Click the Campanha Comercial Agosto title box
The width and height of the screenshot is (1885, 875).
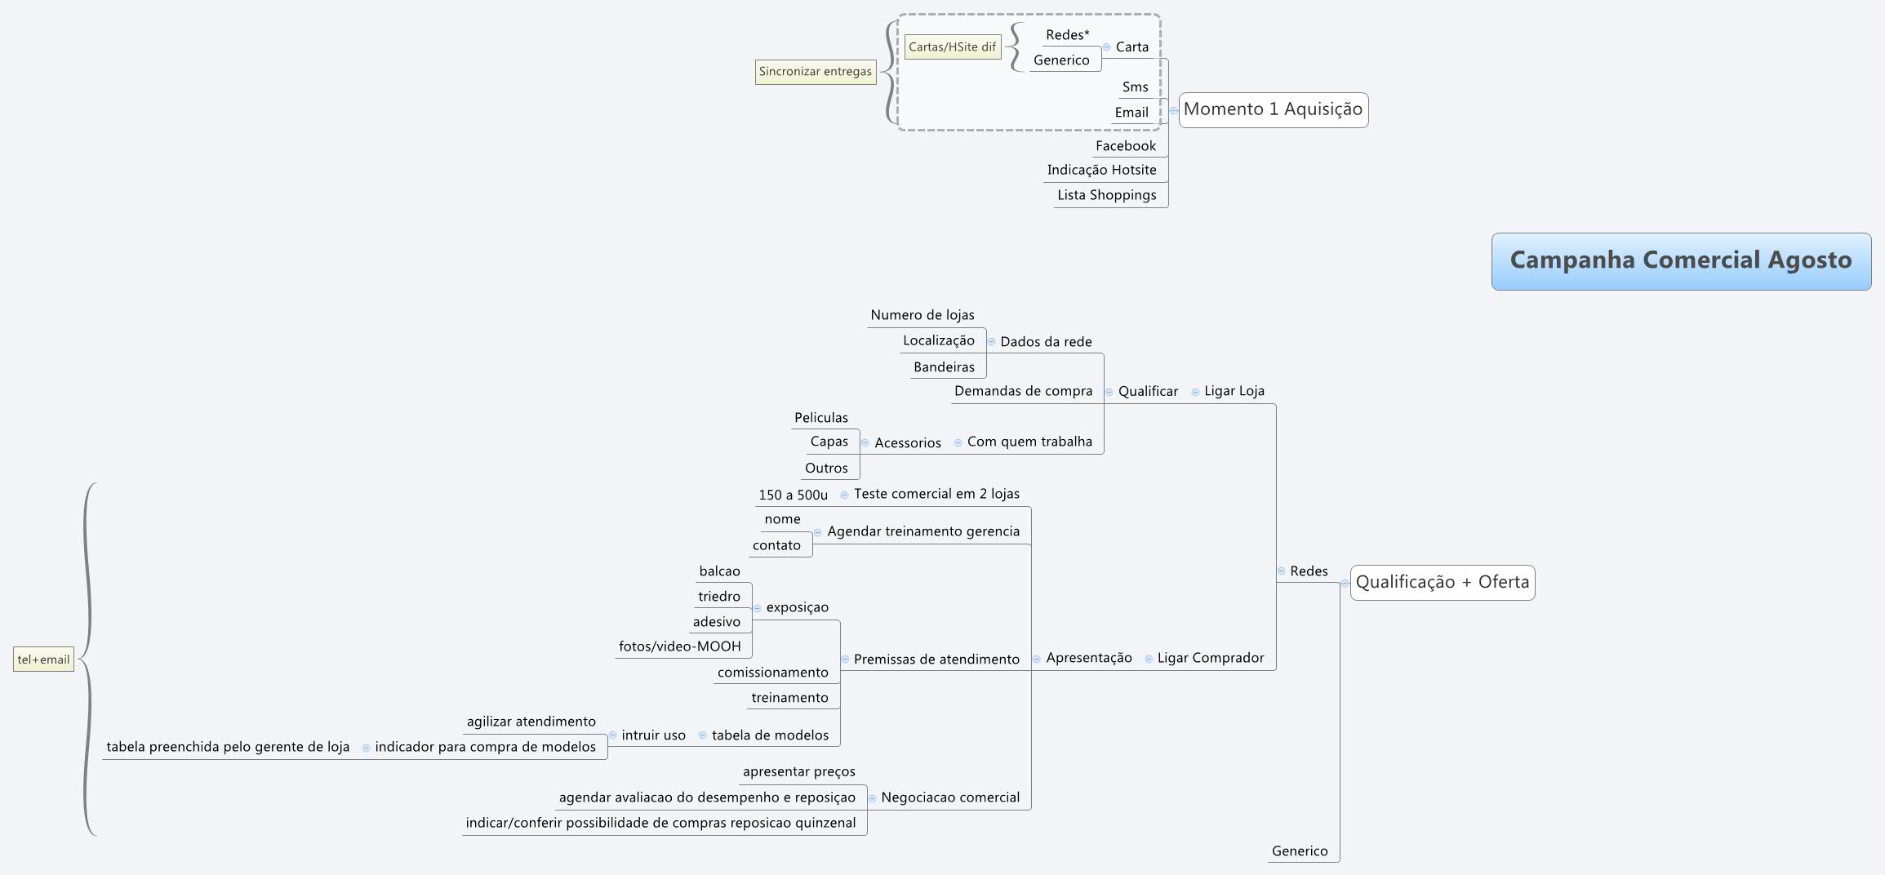pyautogui.click(x=1680, y=260)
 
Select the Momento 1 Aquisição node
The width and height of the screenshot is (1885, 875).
pyautogui.click(x=1273, y=109)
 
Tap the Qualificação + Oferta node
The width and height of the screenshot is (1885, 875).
pyautogui.click(x=1442, y=582)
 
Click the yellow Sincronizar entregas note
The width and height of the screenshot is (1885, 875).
pyautogui.click(x=815, y=72)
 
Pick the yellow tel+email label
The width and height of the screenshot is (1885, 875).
pyautogui.click(x=43, y=660)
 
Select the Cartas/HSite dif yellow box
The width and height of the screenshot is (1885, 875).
pyautogui.click(x=952, y=47)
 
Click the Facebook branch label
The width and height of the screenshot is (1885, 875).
pyautogui.click(x=1125, y=146)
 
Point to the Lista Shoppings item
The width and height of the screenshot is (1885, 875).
pyautogui.click(x=1106, y=195)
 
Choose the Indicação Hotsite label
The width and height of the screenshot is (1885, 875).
pyautogui.click(x=1101, y=170)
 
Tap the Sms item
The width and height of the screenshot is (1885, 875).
pyautogui.click(x=1135, y=87)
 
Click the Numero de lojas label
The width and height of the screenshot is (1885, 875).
pyautogui.click(x=922, y=315)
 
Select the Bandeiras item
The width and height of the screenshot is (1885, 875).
pyautogui.click(x=944, y=367)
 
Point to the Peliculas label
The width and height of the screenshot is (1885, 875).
pyautogui.click(x=820, y=418)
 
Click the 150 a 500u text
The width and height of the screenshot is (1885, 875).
pyautogui.click(x=792, y=495)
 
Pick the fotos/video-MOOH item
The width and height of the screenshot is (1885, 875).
pyautogui.click(x=679, y=646)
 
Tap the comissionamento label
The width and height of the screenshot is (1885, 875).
pyautogui.click(x=772, y=673)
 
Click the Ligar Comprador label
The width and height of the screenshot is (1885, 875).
pyautogui.click(x=1210, y=658)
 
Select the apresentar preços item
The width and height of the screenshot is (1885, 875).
pyautogui.click(x=798, y=771)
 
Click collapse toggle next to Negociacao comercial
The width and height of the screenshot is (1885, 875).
pyautogui.click(x=872, y=798)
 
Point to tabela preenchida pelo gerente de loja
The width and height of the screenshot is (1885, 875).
pyautogui.click(x=228, y=747)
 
